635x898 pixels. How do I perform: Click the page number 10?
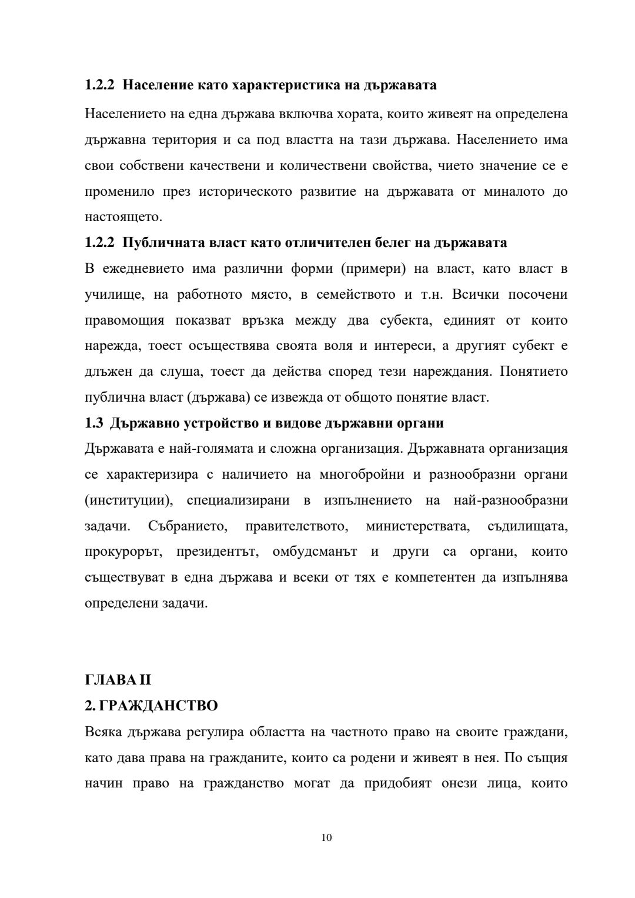click(x=327, y=837)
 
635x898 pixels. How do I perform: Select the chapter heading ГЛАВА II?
click(x=118, y=680)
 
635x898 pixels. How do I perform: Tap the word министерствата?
click(x=417, y=526)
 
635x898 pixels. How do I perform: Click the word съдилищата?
click(x=527, y=526)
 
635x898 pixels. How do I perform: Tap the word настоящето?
click(x=122, y=217)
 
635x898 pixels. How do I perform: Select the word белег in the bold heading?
click(x=405, y=243)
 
